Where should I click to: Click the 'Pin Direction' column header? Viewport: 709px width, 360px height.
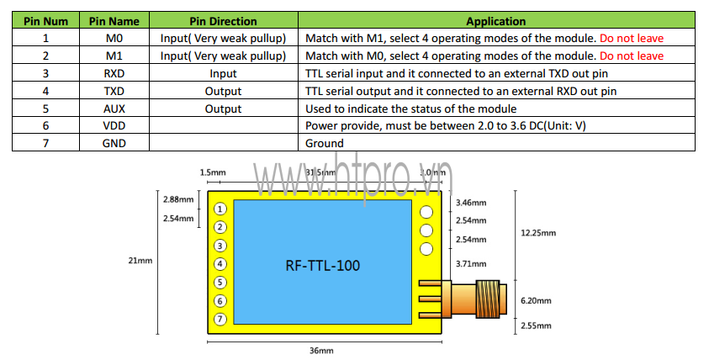pos(223,21)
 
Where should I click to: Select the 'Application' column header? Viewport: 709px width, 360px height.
pos(495,21)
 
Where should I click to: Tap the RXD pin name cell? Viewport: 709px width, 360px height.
pos(114,73)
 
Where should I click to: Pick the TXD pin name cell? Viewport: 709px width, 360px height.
pos(114,91)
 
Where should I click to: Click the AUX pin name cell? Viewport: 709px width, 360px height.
pos(114,109)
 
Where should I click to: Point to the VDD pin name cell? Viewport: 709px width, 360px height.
pos(114,126)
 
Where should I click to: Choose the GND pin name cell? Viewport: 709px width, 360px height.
pos(114,144)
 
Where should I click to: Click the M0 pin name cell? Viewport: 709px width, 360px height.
pos(114,38)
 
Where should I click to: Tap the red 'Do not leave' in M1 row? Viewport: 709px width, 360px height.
pos(632,56)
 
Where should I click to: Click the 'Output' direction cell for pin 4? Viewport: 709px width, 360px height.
pos(223,91)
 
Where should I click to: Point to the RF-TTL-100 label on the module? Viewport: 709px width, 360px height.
pos(323,266)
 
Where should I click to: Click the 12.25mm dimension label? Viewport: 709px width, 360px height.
pos(537,233)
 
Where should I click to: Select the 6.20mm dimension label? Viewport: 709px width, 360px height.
pos(537,299)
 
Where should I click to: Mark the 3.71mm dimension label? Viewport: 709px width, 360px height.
pos(470,264)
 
